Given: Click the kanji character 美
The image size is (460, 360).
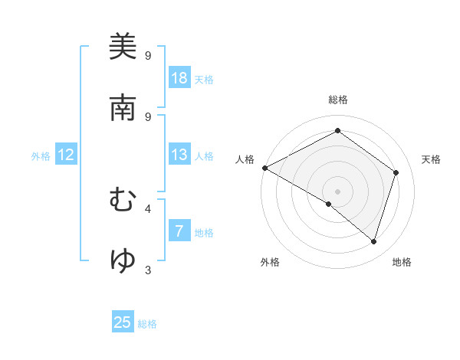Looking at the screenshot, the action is (x=123, y=47).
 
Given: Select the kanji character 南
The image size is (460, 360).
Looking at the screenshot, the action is (x=123, y=108).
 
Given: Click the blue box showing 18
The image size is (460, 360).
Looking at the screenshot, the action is (x=179, y=78).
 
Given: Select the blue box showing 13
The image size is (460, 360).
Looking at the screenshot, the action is (x=179, y=155).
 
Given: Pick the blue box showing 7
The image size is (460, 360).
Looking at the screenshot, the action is (x=179, y=231).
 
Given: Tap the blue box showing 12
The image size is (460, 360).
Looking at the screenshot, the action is (x=66, y=155).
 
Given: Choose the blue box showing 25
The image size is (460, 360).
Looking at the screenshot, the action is (x=123, y=322).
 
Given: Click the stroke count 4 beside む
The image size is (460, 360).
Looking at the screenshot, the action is (x=148, y=208).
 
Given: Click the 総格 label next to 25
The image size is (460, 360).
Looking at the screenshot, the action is (x=147, y=324).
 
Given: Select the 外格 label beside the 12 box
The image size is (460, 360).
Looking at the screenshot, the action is (x=41, y=156).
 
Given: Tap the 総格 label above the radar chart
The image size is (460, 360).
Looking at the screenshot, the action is (x=338, y=100).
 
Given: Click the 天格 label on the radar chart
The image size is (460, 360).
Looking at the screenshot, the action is (x=432, y=159).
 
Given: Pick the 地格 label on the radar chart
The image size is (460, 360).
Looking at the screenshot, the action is (x=402, y=262).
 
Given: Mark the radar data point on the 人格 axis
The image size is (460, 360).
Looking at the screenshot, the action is (x=264, y=168).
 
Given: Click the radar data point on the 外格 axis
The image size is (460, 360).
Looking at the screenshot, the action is (x=329, y=204).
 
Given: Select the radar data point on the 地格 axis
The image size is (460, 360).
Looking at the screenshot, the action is (x=374, y=241).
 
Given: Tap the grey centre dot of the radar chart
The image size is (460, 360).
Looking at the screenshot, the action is (x=338, y=191).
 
